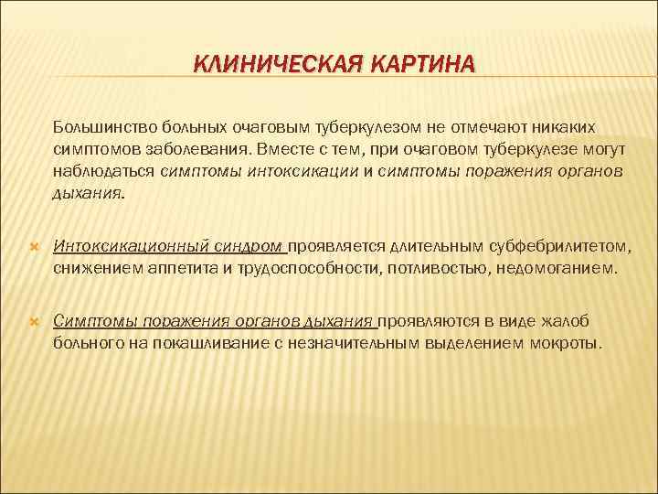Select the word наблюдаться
pyautogui.click(x=103, y=170)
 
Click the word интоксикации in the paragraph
pyautogui.click(x=299, y=170)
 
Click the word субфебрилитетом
pyautogui.click(x=556, y=246)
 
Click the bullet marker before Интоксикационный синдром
pyautogui.click(x=34, y=248)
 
